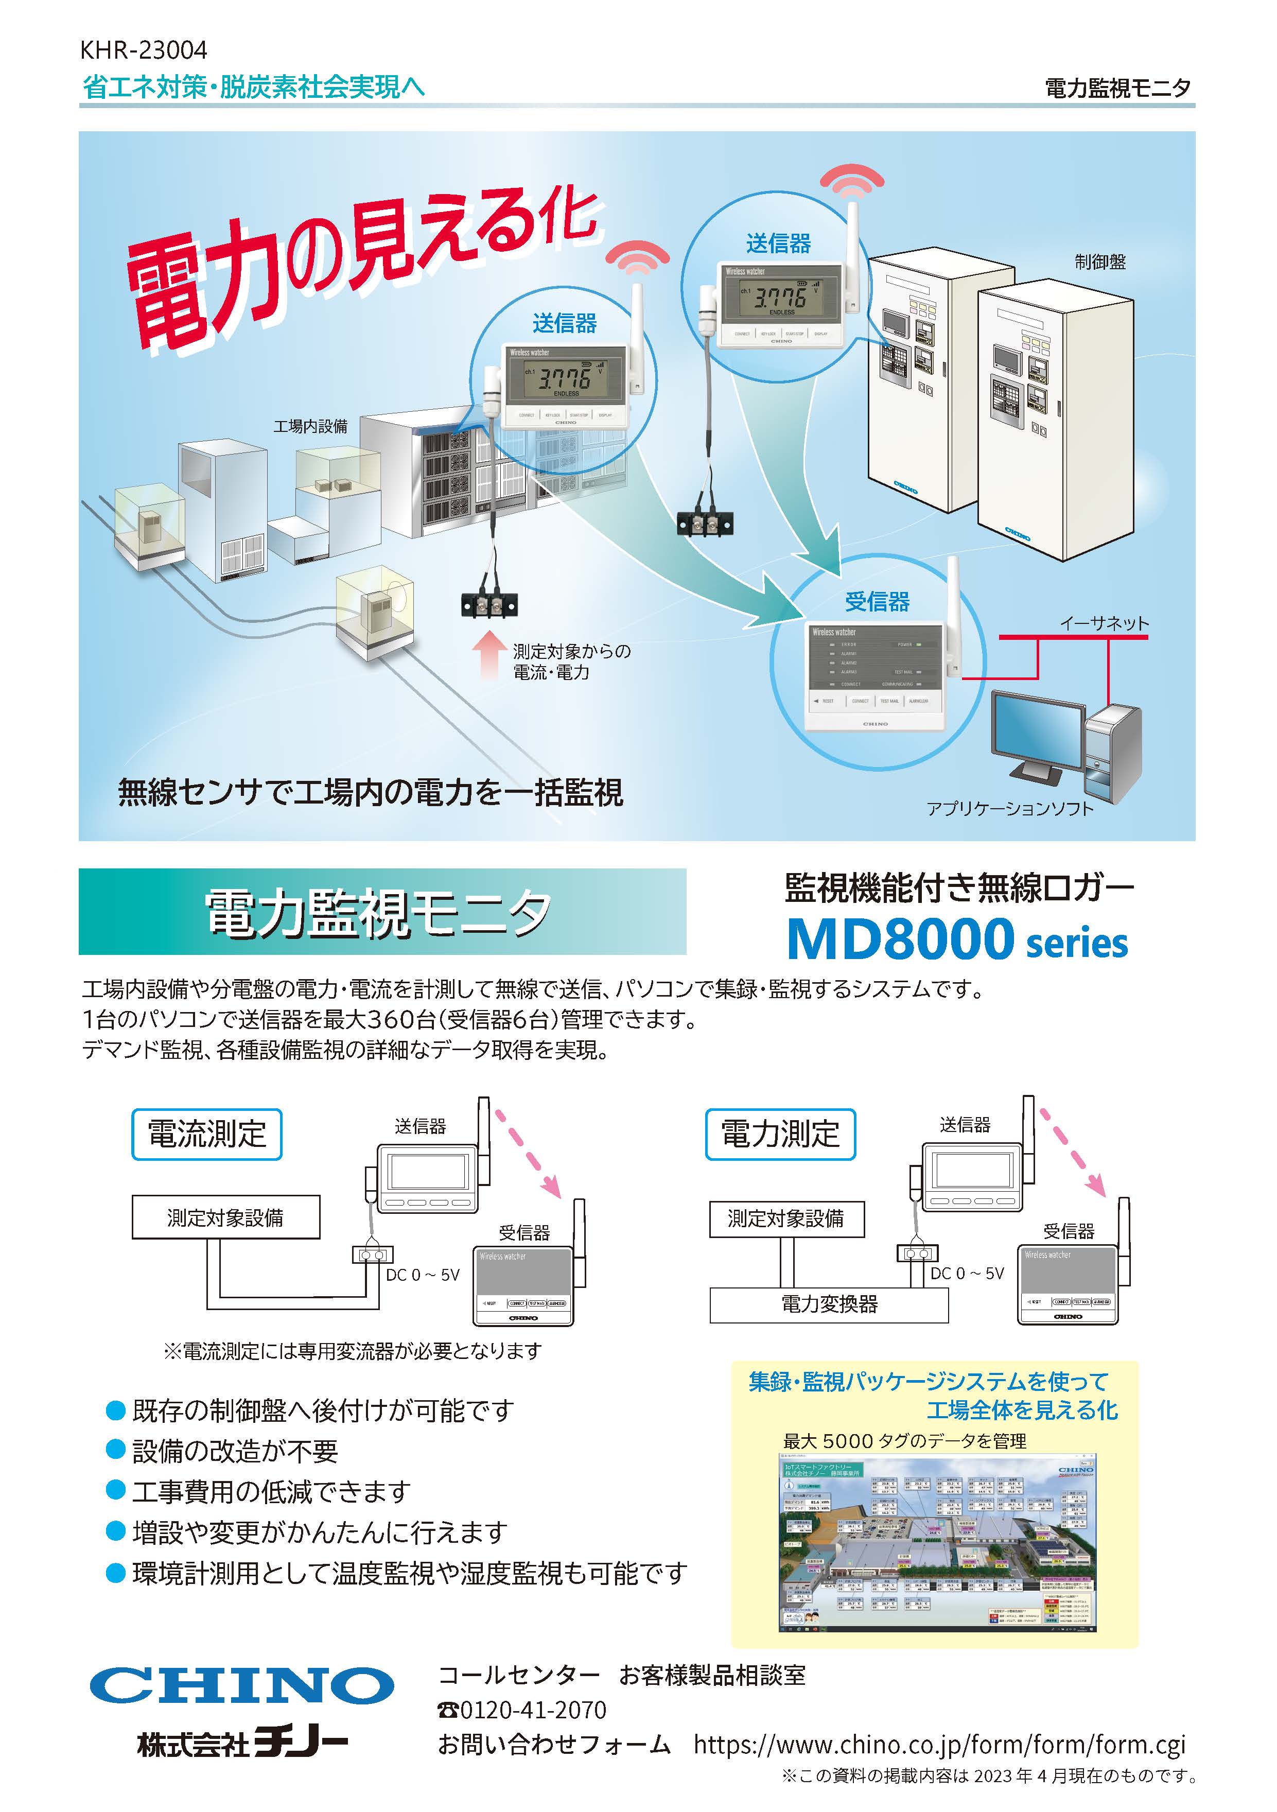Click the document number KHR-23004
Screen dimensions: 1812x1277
coord(143,50)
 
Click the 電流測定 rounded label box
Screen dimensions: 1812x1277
coord(207,1134)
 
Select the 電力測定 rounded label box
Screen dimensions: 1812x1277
coord(780,1134)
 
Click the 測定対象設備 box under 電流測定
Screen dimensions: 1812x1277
coord(226,1218)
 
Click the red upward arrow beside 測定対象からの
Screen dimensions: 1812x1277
coord(488,655)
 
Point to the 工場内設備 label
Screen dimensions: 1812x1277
coord(310,426)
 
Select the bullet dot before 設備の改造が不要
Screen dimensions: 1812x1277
coord(116,1450)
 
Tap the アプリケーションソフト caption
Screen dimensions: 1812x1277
coord(1009,808)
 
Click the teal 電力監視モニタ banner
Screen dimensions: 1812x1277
coord(382,912)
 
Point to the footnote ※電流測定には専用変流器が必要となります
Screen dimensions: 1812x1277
coord(352,1351)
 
